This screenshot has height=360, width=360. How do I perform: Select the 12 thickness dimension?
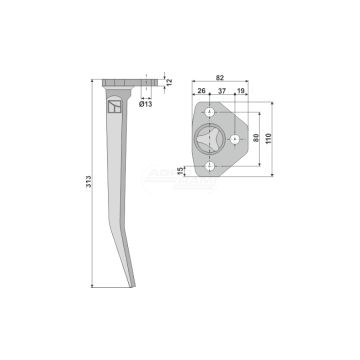pyautogui.click(x=167, y=80)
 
